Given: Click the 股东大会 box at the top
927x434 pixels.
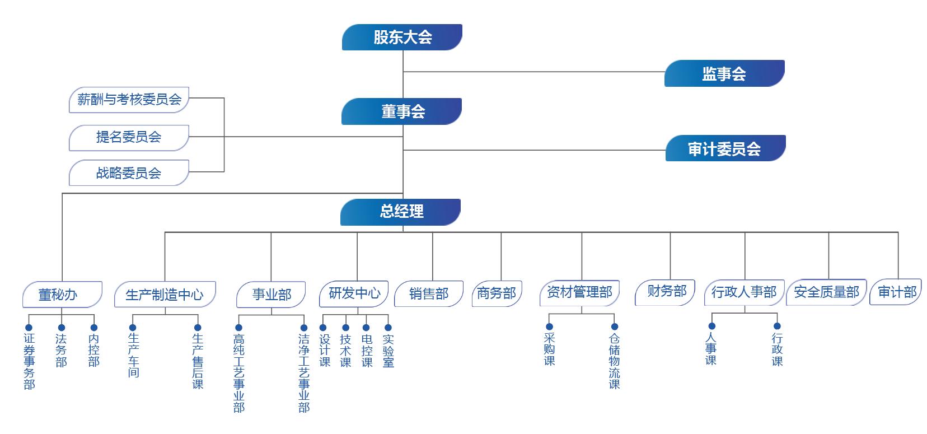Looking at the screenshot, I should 402,38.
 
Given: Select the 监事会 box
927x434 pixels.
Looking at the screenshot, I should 724,73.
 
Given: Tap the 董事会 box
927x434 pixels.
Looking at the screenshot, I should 401,111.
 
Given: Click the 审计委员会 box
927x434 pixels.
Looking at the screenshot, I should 725,148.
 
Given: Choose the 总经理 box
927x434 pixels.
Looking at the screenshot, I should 400,212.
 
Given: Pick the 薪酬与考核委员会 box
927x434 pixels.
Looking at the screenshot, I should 129,100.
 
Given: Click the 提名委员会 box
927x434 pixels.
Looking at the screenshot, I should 129,137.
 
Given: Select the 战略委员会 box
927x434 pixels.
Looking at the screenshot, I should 129,173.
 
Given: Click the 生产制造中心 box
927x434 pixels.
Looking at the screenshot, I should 165,295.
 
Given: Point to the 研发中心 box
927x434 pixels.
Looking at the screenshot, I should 354,293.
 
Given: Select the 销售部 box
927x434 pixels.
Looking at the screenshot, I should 429,294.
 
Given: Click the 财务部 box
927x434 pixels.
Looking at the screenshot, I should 665,292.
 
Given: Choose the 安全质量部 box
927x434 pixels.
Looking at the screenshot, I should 826,292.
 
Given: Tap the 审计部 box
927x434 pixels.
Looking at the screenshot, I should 896,292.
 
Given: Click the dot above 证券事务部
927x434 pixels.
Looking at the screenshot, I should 29,328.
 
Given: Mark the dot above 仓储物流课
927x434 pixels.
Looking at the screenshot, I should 615,326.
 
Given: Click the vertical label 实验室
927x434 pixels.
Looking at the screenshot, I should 388,351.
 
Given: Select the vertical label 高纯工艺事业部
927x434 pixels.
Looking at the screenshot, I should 239,373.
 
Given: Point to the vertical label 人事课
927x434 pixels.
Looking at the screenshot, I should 711,349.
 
